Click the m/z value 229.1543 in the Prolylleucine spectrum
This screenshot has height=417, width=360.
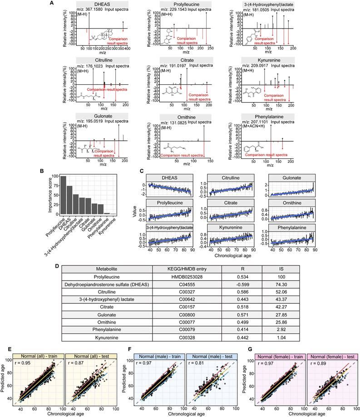(x=184, y=10)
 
